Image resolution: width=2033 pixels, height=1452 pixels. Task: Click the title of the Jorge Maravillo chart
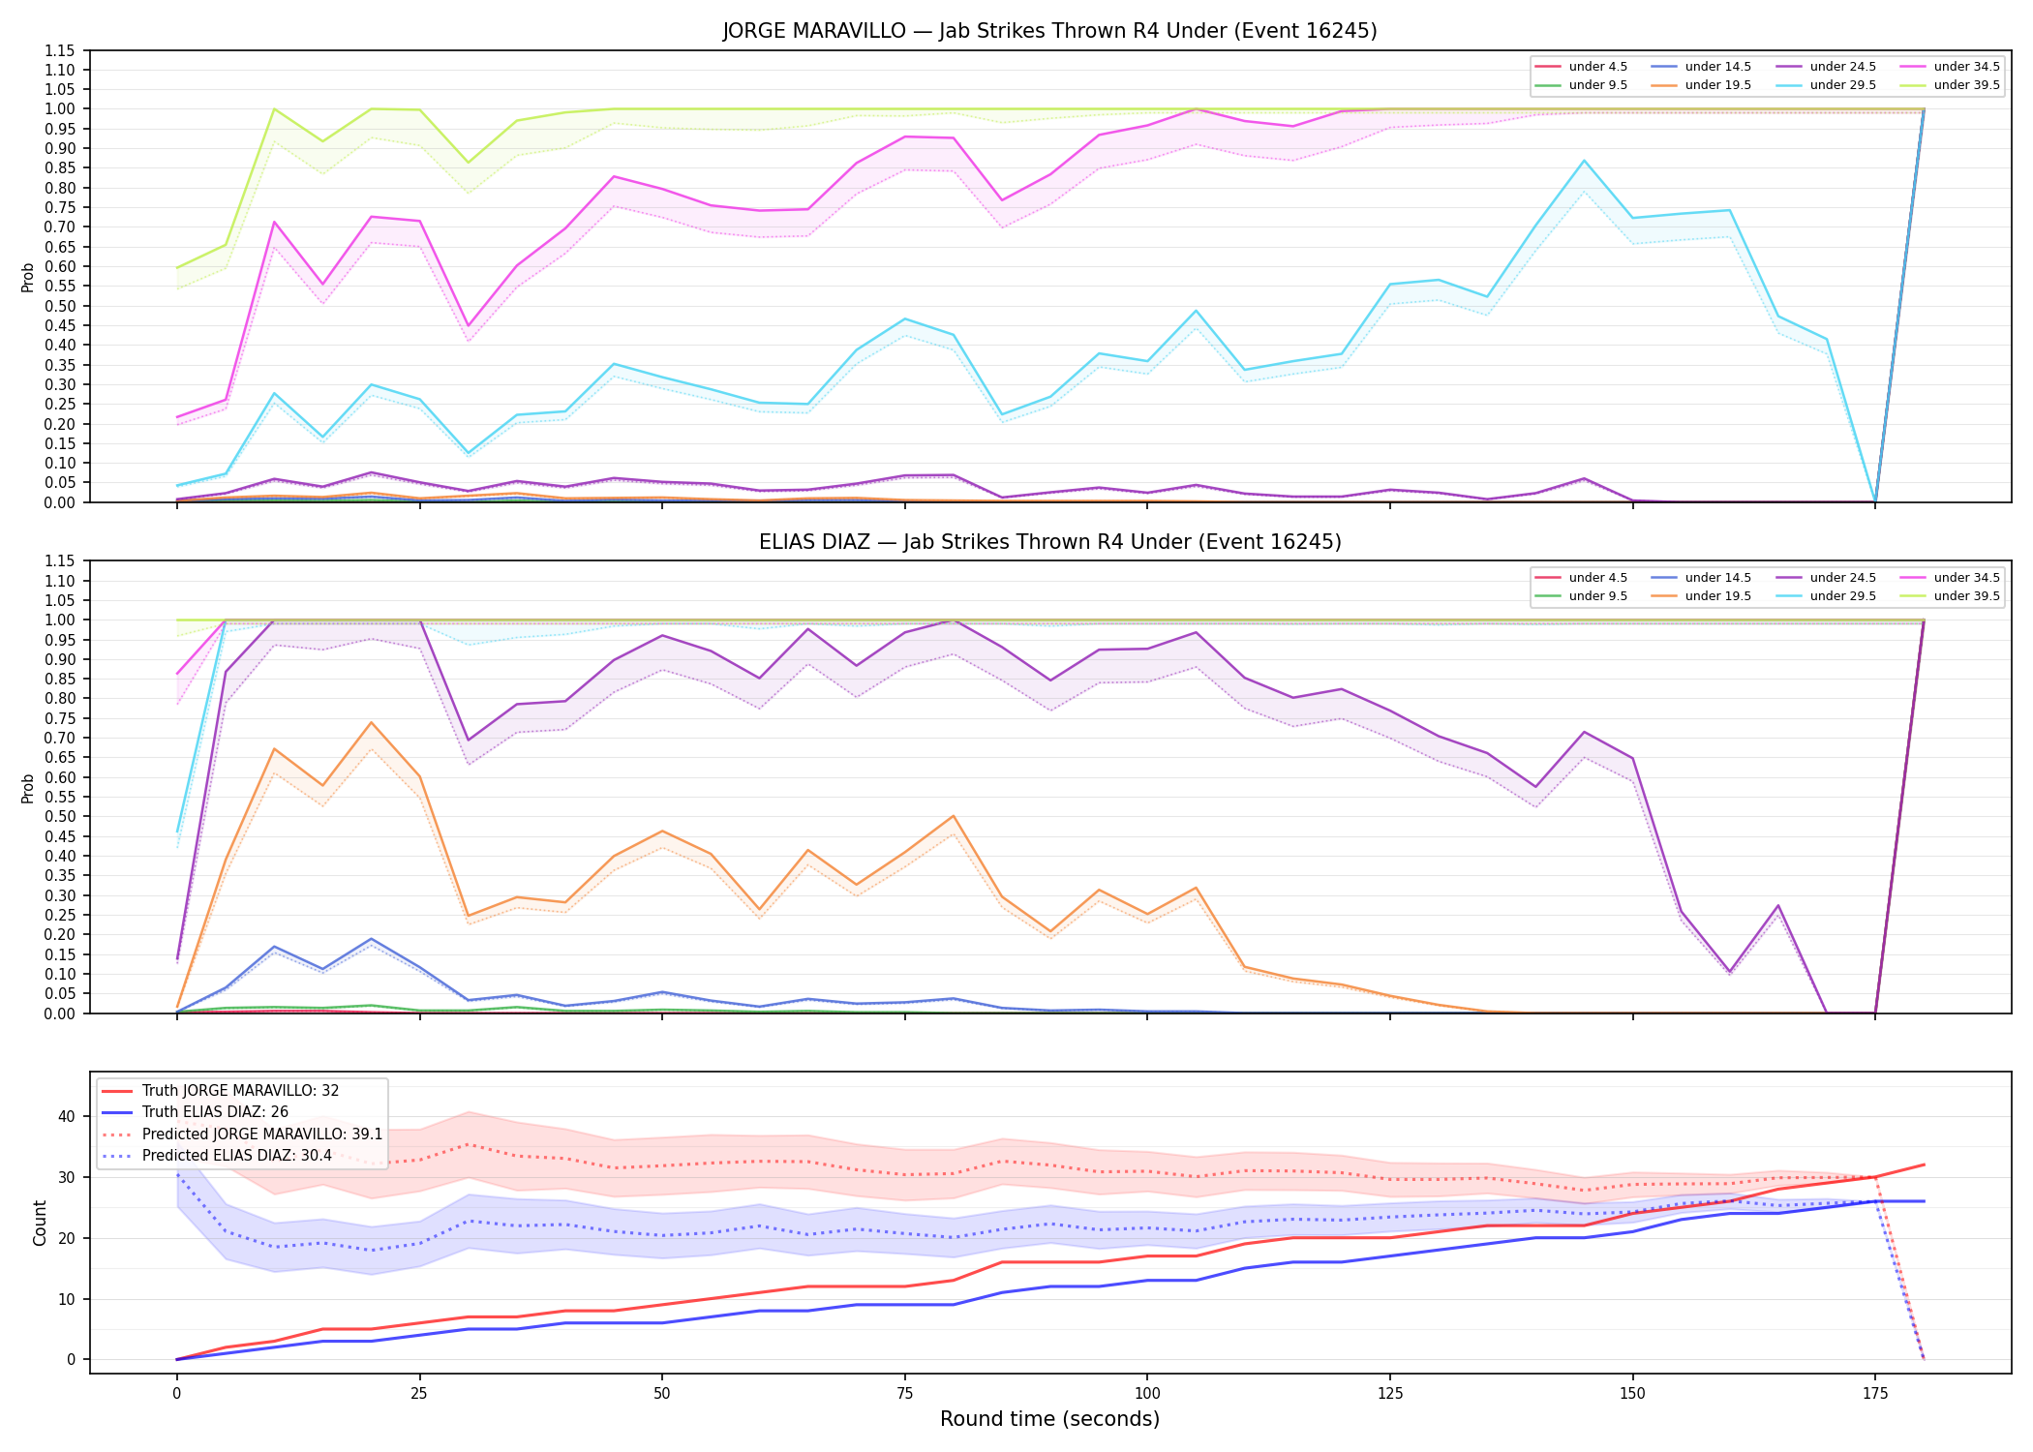click(1049, 31)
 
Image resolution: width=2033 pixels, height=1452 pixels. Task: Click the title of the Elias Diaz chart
click(1049, 542)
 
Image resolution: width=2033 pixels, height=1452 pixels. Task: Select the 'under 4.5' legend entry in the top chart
click(1581, 67)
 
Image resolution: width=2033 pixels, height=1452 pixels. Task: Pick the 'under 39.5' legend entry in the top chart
click(1950, 85)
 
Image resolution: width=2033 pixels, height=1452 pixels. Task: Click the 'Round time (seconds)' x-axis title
click(1049, 1419)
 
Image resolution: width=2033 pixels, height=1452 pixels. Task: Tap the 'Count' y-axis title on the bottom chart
click(40, 1223)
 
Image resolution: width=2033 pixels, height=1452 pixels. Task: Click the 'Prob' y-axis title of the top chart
click(28, 277)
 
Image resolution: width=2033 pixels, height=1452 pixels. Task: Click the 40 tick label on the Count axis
click(67, 1116)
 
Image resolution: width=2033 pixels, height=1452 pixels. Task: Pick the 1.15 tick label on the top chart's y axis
click(60, 50)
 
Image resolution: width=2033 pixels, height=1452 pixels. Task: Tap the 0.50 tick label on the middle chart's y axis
click(60, 816)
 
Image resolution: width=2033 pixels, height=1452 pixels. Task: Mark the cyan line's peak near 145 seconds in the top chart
click(1584, 161)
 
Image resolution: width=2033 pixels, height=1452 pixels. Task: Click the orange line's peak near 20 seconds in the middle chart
click(371, 722)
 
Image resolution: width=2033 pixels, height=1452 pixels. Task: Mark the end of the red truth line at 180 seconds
click(1924, 1165)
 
